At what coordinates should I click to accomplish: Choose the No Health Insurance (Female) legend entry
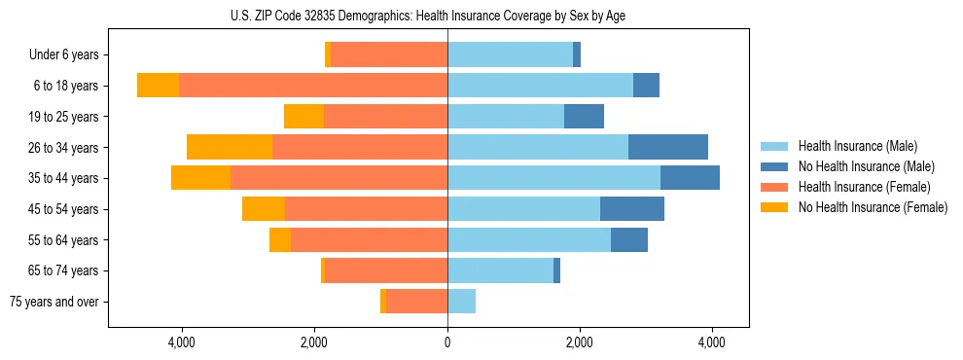(x=873, y=207)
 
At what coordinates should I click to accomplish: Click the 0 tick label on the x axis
(x=447, y=342)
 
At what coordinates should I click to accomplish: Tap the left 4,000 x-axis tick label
(x=183, y=342)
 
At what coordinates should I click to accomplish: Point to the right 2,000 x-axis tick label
(x=579, y=342)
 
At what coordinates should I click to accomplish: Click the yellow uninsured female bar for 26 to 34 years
(x=230, y=147)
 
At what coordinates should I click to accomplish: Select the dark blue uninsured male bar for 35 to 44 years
(x=690, y=178)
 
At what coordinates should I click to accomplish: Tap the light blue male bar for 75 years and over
(x=461, y=302)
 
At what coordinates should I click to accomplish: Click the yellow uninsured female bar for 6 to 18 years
(x=158, y=86)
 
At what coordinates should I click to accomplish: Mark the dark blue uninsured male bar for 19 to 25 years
(x=584, y=117)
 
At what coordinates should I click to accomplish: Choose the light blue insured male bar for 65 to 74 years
(x=500, y=270)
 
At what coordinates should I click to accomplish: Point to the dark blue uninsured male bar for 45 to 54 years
(x=632, y=209)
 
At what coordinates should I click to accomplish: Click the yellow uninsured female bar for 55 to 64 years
(x=280, y=239)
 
